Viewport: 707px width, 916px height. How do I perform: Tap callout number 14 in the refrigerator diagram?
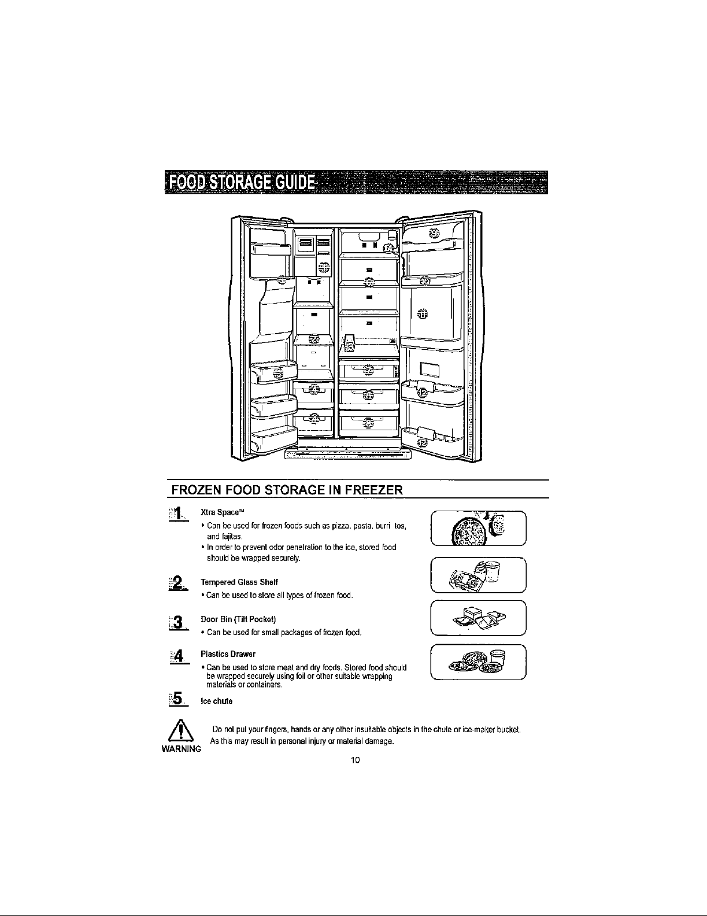pos(389,248)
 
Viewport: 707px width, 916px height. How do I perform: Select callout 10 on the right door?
pos(425,281)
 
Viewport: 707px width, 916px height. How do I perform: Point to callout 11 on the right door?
pos(423,313)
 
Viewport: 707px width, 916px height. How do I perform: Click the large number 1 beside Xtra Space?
pos(179,514)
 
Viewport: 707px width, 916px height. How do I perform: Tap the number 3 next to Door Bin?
pos(179,623)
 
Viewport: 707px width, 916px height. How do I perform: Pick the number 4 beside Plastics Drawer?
pos(179,656)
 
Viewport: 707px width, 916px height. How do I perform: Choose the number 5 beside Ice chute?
pos(179,700)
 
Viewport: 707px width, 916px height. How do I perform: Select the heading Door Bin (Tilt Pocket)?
pos(233,620)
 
